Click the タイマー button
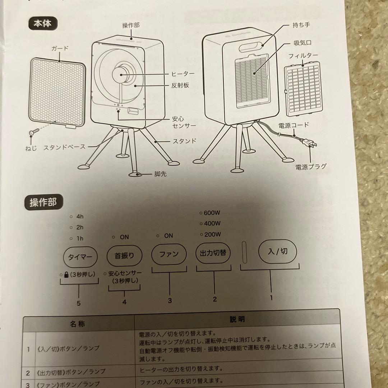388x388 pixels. pos(80,257)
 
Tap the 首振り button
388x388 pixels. pos(125,256)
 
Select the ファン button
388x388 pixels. pos(169,254)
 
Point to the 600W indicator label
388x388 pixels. pos(212,213)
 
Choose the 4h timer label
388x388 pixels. pos(80,217)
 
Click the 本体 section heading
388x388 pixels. pos(43,24)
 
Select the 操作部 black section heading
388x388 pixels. pos(43,203)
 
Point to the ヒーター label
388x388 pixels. pos(183,74)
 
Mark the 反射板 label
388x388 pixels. pos(181,86)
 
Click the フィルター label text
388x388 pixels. pos(303,56)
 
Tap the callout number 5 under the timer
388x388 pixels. pos(78,303)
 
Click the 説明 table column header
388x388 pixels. pos(237,319)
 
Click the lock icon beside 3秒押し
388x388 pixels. pos(67,275)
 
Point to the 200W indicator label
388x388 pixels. pos(212,235)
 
